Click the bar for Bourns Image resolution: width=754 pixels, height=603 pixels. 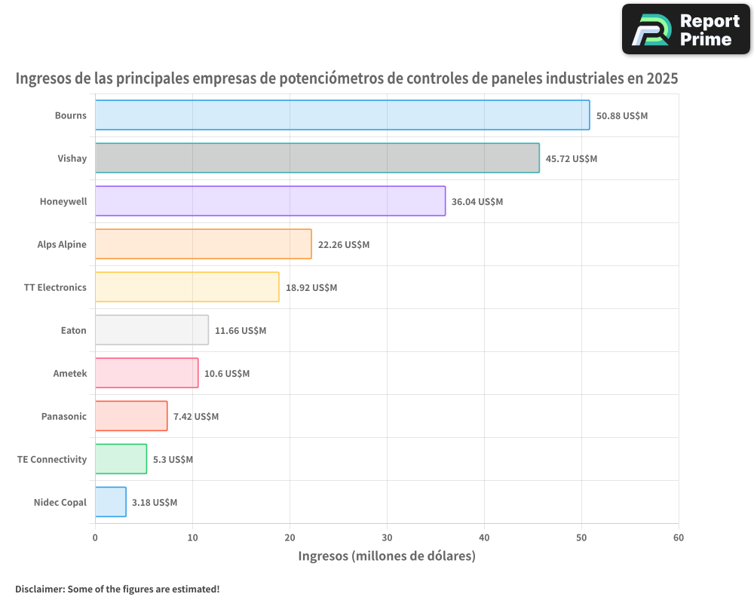pyautogui.click(x=342, y=115)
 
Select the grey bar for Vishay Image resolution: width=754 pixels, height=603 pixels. pyautogui.click(x=317, y=158)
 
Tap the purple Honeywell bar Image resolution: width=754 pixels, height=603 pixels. pyautogui.click(x=270, y=201)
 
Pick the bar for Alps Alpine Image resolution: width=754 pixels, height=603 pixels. pyautogui.click(x=203, y=244)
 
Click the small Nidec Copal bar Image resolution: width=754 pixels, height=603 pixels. pyautogui.click(x=111, y=502)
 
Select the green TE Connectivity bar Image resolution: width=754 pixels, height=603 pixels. pyautogui.click(x=121, y=459)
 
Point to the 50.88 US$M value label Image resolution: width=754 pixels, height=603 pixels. pyautogui.click(x=622, y=116)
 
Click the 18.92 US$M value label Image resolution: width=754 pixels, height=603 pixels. pyautogui.click(x=311, y=288)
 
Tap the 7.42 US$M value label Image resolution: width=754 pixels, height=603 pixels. pyautogui.click(x=196, y=417)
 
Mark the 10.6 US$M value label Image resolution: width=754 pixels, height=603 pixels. pyautogui.click(x=227, y=374)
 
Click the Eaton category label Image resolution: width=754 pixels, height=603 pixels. pyautogui.click(x=74, y=330)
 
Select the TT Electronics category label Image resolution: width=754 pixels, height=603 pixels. pyautogui.click(x=55, y=287)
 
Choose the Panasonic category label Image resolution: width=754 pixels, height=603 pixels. pyautogui.click(x=64, y=416)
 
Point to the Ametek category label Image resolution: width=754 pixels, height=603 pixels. pyautogui.click(x=70, y=373)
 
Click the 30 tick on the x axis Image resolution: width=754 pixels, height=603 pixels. pyautogui.click(x=387, y=537)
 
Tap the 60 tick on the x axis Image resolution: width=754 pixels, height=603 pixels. pyautogui.click(x=679, y=537)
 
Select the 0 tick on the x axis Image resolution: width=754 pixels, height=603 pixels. pyautogui.click(x=95, y=537)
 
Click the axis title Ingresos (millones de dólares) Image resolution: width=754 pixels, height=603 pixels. pyautogui.click(x=387, y=556)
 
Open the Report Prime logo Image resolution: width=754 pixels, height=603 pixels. pyautogui.click(x=685, y=29)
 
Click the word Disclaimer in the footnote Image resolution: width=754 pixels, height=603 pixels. pyautogui.click(x=39, y=589)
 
